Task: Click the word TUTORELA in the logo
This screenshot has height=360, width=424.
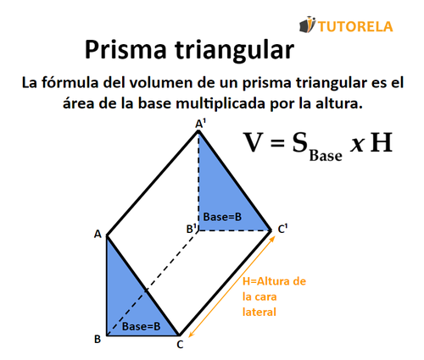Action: (x=357, y=25)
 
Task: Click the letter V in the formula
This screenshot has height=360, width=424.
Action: (x=256, y=141)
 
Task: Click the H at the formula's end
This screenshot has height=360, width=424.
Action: (x=382, y=141)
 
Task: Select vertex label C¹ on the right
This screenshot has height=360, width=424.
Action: (x=282, y=228)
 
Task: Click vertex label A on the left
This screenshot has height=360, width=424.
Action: (x=98, y=234)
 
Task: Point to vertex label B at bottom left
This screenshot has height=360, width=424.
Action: (x=98, y=339)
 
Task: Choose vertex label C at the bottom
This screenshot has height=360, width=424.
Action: (x=180, y=343)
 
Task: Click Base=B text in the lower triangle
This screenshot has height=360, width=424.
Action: (x=140, y=326)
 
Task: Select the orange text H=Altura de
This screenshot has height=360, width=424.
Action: (x=272, y=281)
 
